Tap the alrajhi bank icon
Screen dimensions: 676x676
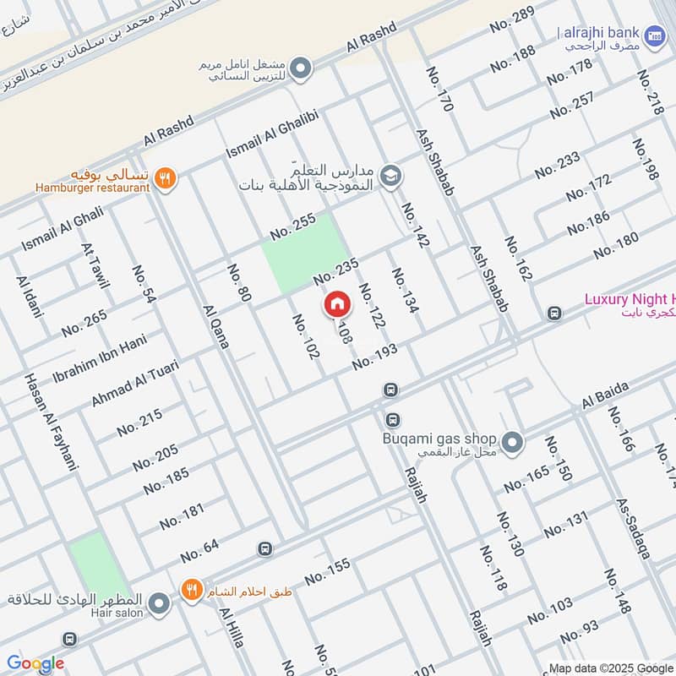point(654,35)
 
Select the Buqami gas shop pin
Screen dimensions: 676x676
point(510,441)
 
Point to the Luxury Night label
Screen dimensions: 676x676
point(630,299)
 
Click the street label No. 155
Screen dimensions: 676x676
point(326,572)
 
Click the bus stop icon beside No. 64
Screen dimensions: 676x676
point(265,549)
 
